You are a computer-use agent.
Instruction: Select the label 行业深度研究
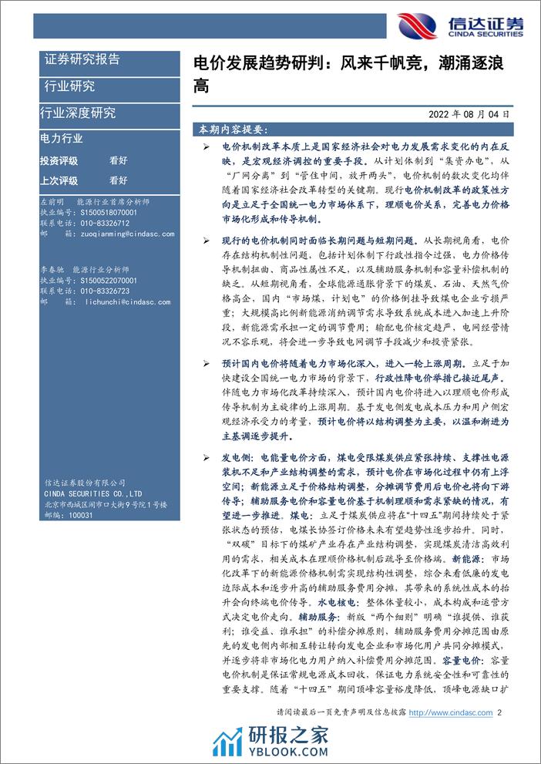[78, 113]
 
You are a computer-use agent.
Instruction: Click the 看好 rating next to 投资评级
[118, 160]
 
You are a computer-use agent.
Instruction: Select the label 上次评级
[59, 180]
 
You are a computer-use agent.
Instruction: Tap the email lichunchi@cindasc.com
[115, 301]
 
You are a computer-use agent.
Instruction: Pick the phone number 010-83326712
[106, 222]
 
